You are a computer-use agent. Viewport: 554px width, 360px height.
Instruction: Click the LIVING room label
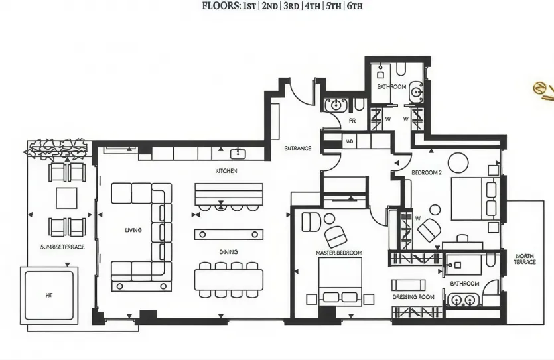point(133,230)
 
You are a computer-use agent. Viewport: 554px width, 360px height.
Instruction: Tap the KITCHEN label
point(226,171)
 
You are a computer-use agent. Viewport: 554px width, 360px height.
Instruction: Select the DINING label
point(228,252)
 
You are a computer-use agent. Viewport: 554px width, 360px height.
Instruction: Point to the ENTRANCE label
point(297,149)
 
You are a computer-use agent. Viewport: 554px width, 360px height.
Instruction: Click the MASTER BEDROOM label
point(338,253)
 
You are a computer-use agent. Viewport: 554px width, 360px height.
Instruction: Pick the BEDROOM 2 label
point(426,173)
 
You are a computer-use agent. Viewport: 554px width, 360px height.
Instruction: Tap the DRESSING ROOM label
point(413,297)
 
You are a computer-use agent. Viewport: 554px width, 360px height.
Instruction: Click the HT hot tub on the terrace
point(48,296)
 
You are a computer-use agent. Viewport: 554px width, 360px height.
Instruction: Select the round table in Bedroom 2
point(458,162)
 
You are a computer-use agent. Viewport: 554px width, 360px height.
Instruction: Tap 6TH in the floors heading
point(354,7)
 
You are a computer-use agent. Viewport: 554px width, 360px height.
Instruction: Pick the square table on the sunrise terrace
point(67,198)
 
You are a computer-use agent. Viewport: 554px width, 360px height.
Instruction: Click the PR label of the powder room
point(352,121)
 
